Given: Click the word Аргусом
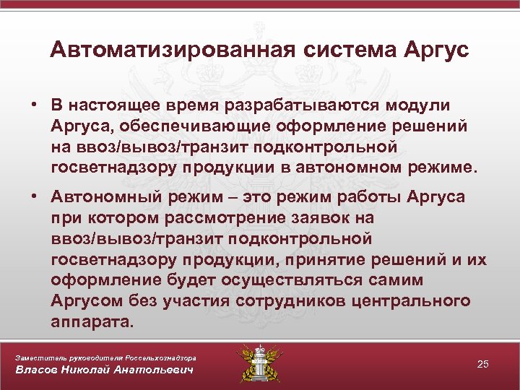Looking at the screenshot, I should point(85,301).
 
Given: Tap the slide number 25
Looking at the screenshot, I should point(482,365).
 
